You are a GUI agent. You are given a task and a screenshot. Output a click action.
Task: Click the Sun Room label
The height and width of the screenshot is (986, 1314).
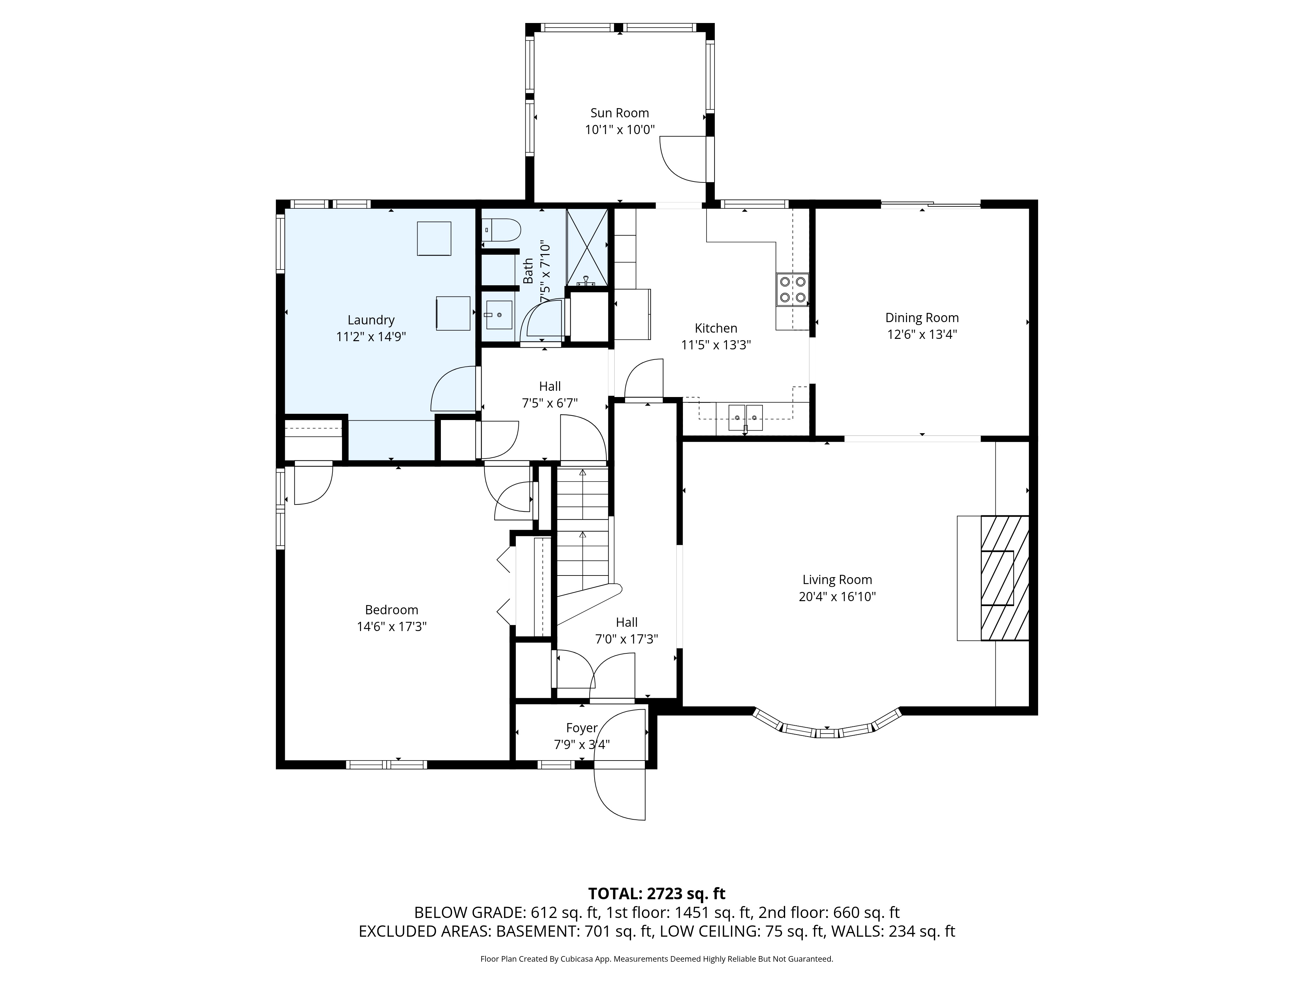point(620,113)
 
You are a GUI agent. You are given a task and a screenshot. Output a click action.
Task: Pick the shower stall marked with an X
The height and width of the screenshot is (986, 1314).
point(587,247)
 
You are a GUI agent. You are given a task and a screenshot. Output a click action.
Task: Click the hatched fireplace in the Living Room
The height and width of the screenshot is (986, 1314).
point(1005,578)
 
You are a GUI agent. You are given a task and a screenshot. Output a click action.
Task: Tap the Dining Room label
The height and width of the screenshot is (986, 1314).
point(922,318)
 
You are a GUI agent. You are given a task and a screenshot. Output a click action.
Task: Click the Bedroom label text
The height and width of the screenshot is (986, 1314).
point(392,610)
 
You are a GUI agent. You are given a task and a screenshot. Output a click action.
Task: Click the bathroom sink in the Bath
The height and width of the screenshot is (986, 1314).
point(498,315)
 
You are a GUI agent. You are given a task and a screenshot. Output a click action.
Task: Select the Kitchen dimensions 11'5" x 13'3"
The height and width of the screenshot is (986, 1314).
point(716,345)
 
